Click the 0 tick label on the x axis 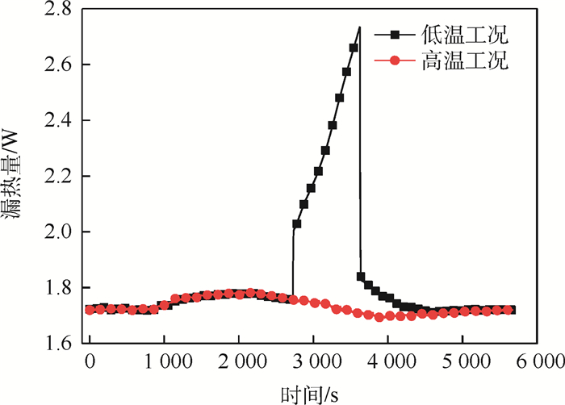[x=90, y=361]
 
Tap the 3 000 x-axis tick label [x=313, y=361]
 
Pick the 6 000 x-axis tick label [x=536, y=361]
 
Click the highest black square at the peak [x=354, y=48]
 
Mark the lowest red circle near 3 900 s [x=379, y=317]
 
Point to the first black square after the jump [x=297, y=224]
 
